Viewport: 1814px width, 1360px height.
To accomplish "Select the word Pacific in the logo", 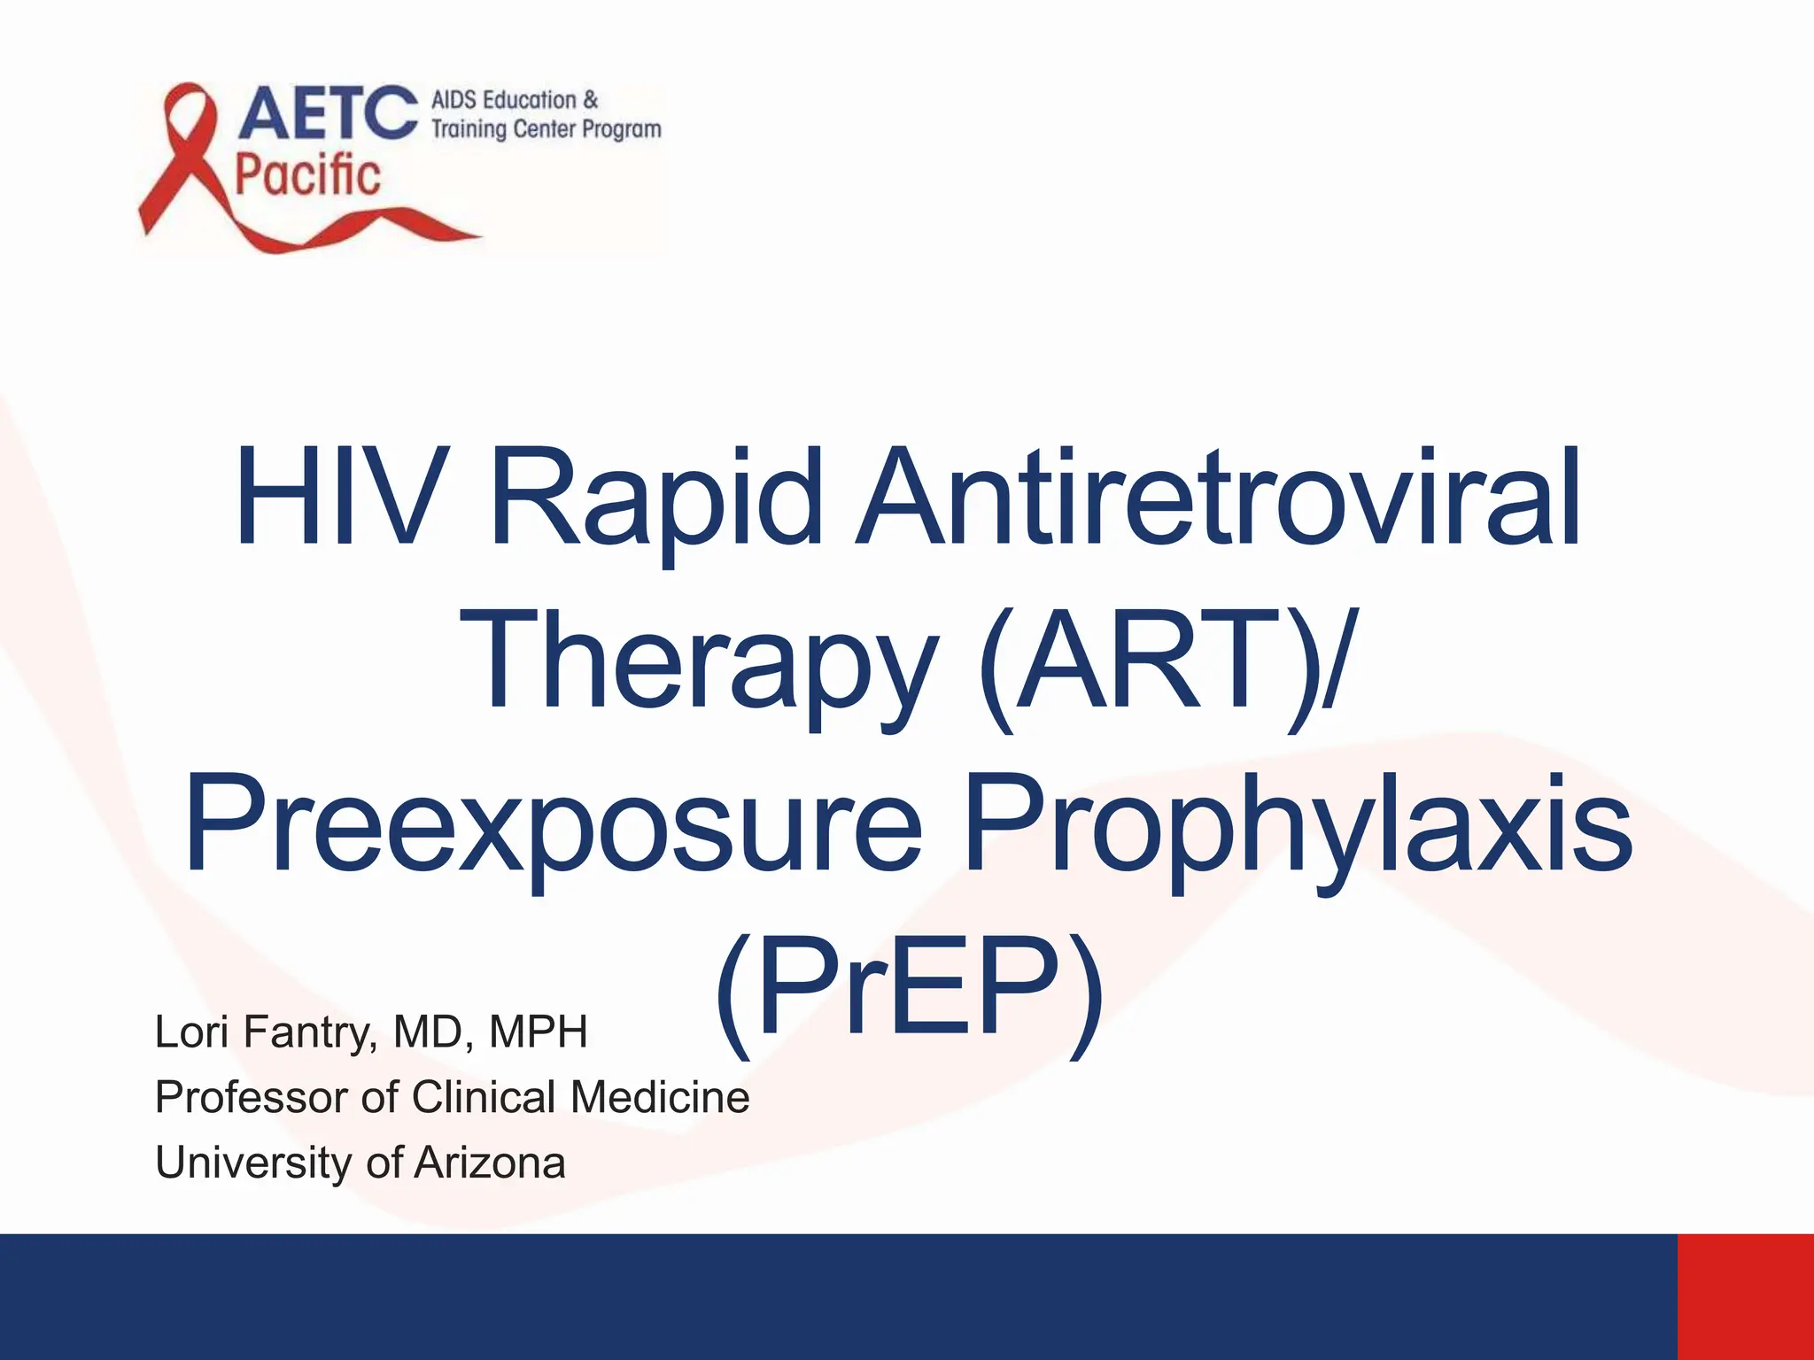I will (307, 174).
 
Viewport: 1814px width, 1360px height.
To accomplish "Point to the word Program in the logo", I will (621, 129).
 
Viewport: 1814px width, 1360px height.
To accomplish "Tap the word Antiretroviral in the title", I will (1217, 498).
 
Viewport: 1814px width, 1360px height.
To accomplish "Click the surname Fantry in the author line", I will (306, 1032).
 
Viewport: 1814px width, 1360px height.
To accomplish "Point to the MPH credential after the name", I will (539, 1032).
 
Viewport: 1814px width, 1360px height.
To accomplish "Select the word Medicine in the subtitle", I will (660, 1098).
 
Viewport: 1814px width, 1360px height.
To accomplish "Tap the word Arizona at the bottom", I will (489, 1163).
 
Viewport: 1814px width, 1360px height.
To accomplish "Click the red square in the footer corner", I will (1745, 1296).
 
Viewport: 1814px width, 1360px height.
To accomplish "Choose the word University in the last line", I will (253, 1163).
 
